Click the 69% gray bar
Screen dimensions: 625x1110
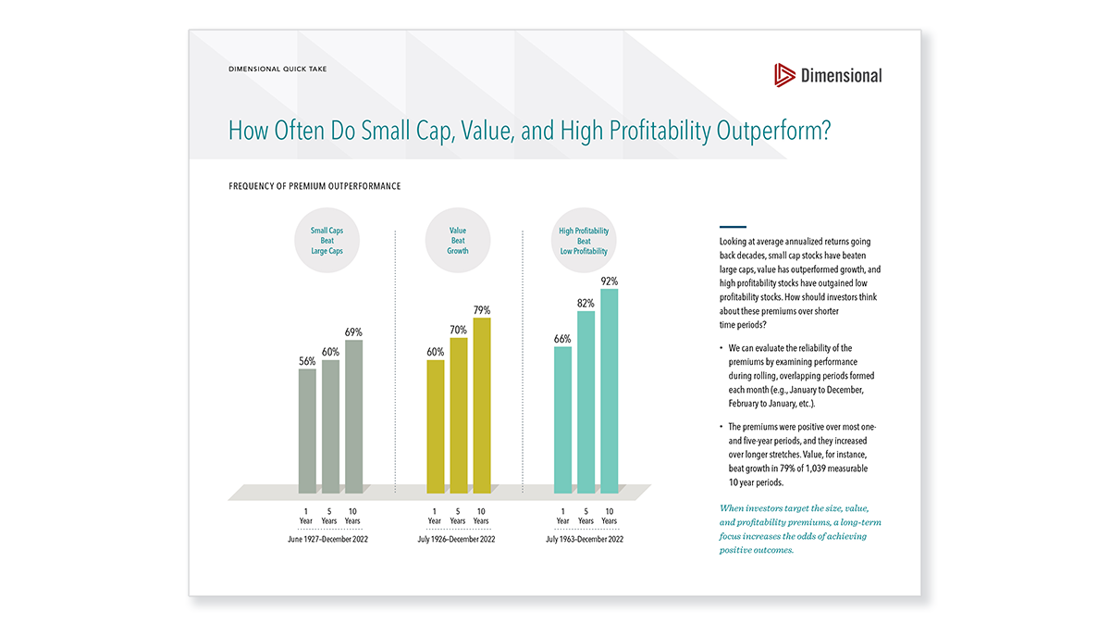click(353, 417)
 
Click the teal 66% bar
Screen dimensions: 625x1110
click(562, 419)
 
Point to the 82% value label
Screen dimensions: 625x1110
click(586, 303)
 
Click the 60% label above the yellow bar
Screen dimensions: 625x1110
click(435, 352)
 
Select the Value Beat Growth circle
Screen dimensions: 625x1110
click(458, 241)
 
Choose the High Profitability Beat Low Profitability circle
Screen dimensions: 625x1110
click(585, 241)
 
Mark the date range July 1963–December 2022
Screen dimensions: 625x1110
click(585, 538)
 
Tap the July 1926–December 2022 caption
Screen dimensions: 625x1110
click(458, 538)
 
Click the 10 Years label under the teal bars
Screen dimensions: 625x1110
click(609, 516)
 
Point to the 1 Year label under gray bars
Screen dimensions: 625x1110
click(307, 516)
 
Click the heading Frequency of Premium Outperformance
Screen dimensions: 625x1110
click(314, 186)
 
